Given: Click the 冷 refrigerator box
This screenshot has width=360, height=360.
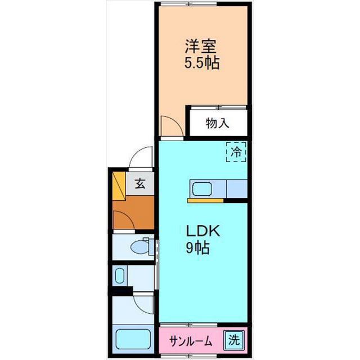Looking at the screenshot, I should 236,151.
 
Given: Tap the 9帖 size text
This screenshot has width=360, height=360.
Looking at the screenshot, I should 198,247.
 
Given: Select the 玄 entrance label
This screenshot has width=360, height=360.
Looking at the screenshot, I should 141,184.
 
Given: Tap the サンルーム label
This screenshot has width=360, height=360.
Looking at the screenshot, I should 192,340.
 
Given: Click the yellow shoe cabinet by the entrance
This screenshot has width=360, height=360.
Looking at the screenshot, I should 119,187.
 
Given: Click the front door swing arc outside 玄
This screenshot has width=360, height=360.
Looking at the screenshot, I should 139,158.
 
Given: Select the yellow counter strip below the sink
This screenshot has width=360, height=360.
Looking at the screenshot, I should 206,200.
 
